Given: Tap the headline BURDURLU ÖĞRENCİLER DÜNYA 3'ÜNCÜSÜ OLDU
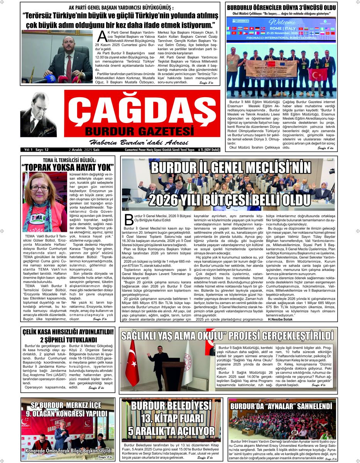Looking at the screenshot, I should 281,7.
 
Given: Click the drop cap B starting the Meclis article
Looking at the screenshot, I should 129,220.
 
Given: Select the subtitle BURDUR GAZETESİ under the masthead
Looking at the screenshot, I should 139,129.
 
